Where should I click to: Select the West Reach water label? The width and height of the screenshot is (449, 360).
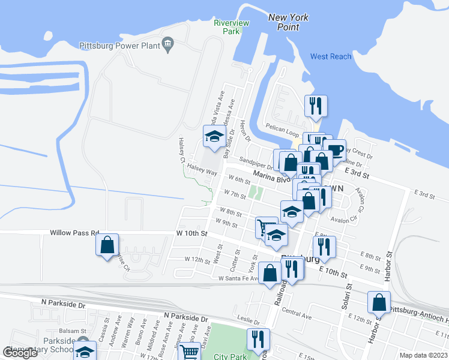click(x=331, y=56)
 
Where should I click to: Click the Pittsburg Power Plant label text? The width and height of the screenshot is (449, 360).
click(x=120, y=45)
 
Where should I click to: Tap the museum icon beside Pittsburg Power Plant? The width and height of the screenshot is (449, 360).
click(x=167, y=44)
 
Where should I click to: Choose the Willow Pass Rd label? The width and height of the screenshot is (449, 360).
click(x=74, y=232)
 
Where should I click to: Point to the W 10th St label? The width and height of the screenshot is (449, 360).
click(x=191, y=233)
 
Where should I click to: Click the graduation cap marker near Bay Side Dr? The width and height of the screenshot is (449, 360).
click(x=214, y=136)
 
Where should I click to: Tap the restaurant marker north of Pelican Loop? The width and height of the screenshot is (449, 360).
click(x=315, y=106)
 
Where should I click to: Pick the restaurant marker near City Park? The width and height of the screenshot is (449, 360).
click(x=259, y=339)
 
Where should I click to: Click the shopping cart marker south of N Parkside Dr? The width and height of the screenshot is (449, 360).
click(x=190, y=352)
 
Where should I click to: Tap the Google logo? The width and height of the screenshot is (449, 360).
click(x=20, y=353)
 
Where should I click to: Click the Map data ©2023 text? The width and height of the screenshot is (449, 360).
click(x=423, y=355)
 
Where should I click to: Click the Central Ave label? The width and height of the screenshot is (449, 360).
click(x=297, y=313)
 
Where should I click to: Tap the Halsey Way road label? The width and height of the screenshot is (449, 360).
click(x=201, y=170)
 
